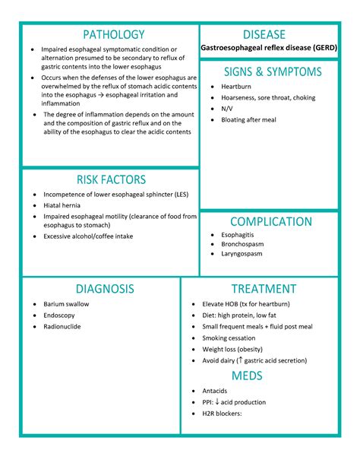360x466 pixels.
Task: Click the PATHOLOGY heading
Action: [113, 35]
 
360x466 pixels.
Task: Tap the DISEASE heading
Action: [264, 35]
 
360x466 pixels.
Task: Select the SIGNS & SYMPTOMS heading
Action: [273, 71]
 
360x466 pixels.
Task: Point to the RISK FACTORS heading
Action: [111, 179]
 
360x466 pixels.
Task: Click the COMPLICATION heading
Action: [271, 222]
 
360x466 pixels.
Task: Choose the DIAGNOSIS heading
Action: [105, 289]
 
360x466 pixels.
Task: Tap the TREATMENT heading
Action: [264, 289]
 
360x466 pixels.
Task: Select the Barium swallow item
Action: [66, 304]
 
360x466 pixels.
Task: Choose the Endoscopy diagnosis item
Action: [59, 315]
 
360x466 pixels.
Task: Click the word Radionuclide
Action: [62, 327]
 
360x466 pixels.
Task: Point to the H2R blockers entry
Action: [222, 414]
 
